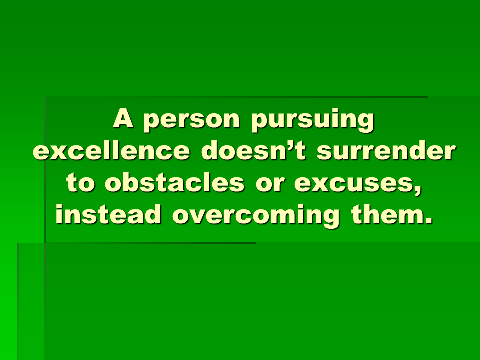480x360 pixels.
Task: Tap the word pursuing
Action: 312,120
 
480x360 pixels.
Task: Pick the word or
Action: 270,185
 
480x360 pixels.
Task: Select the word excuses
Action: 355,185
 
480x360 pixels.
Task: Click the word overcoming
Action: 256,216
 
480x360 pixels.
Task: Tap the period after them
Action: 429,221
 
